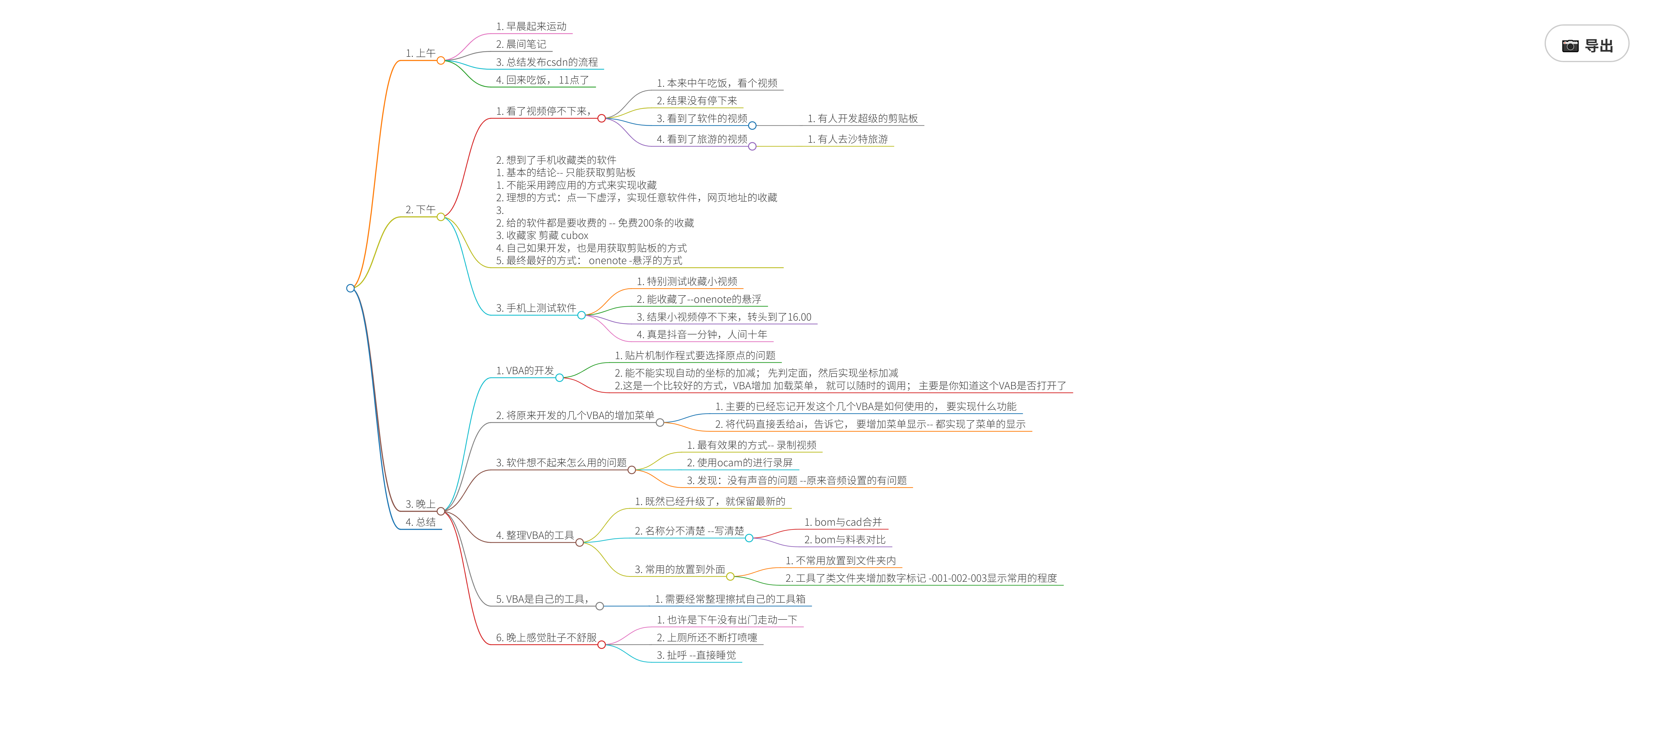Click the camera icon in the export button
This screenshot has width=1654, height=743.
[1570, 46]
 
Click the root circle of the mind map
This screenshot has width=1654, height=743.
[350, 288]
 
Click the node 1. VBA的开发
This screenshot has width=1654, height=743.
[525, 371]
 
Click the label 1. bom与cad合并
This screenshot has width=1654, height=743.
[843, 522]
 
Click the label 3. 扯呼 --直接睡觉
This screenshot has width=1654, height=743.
[696, 655]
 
